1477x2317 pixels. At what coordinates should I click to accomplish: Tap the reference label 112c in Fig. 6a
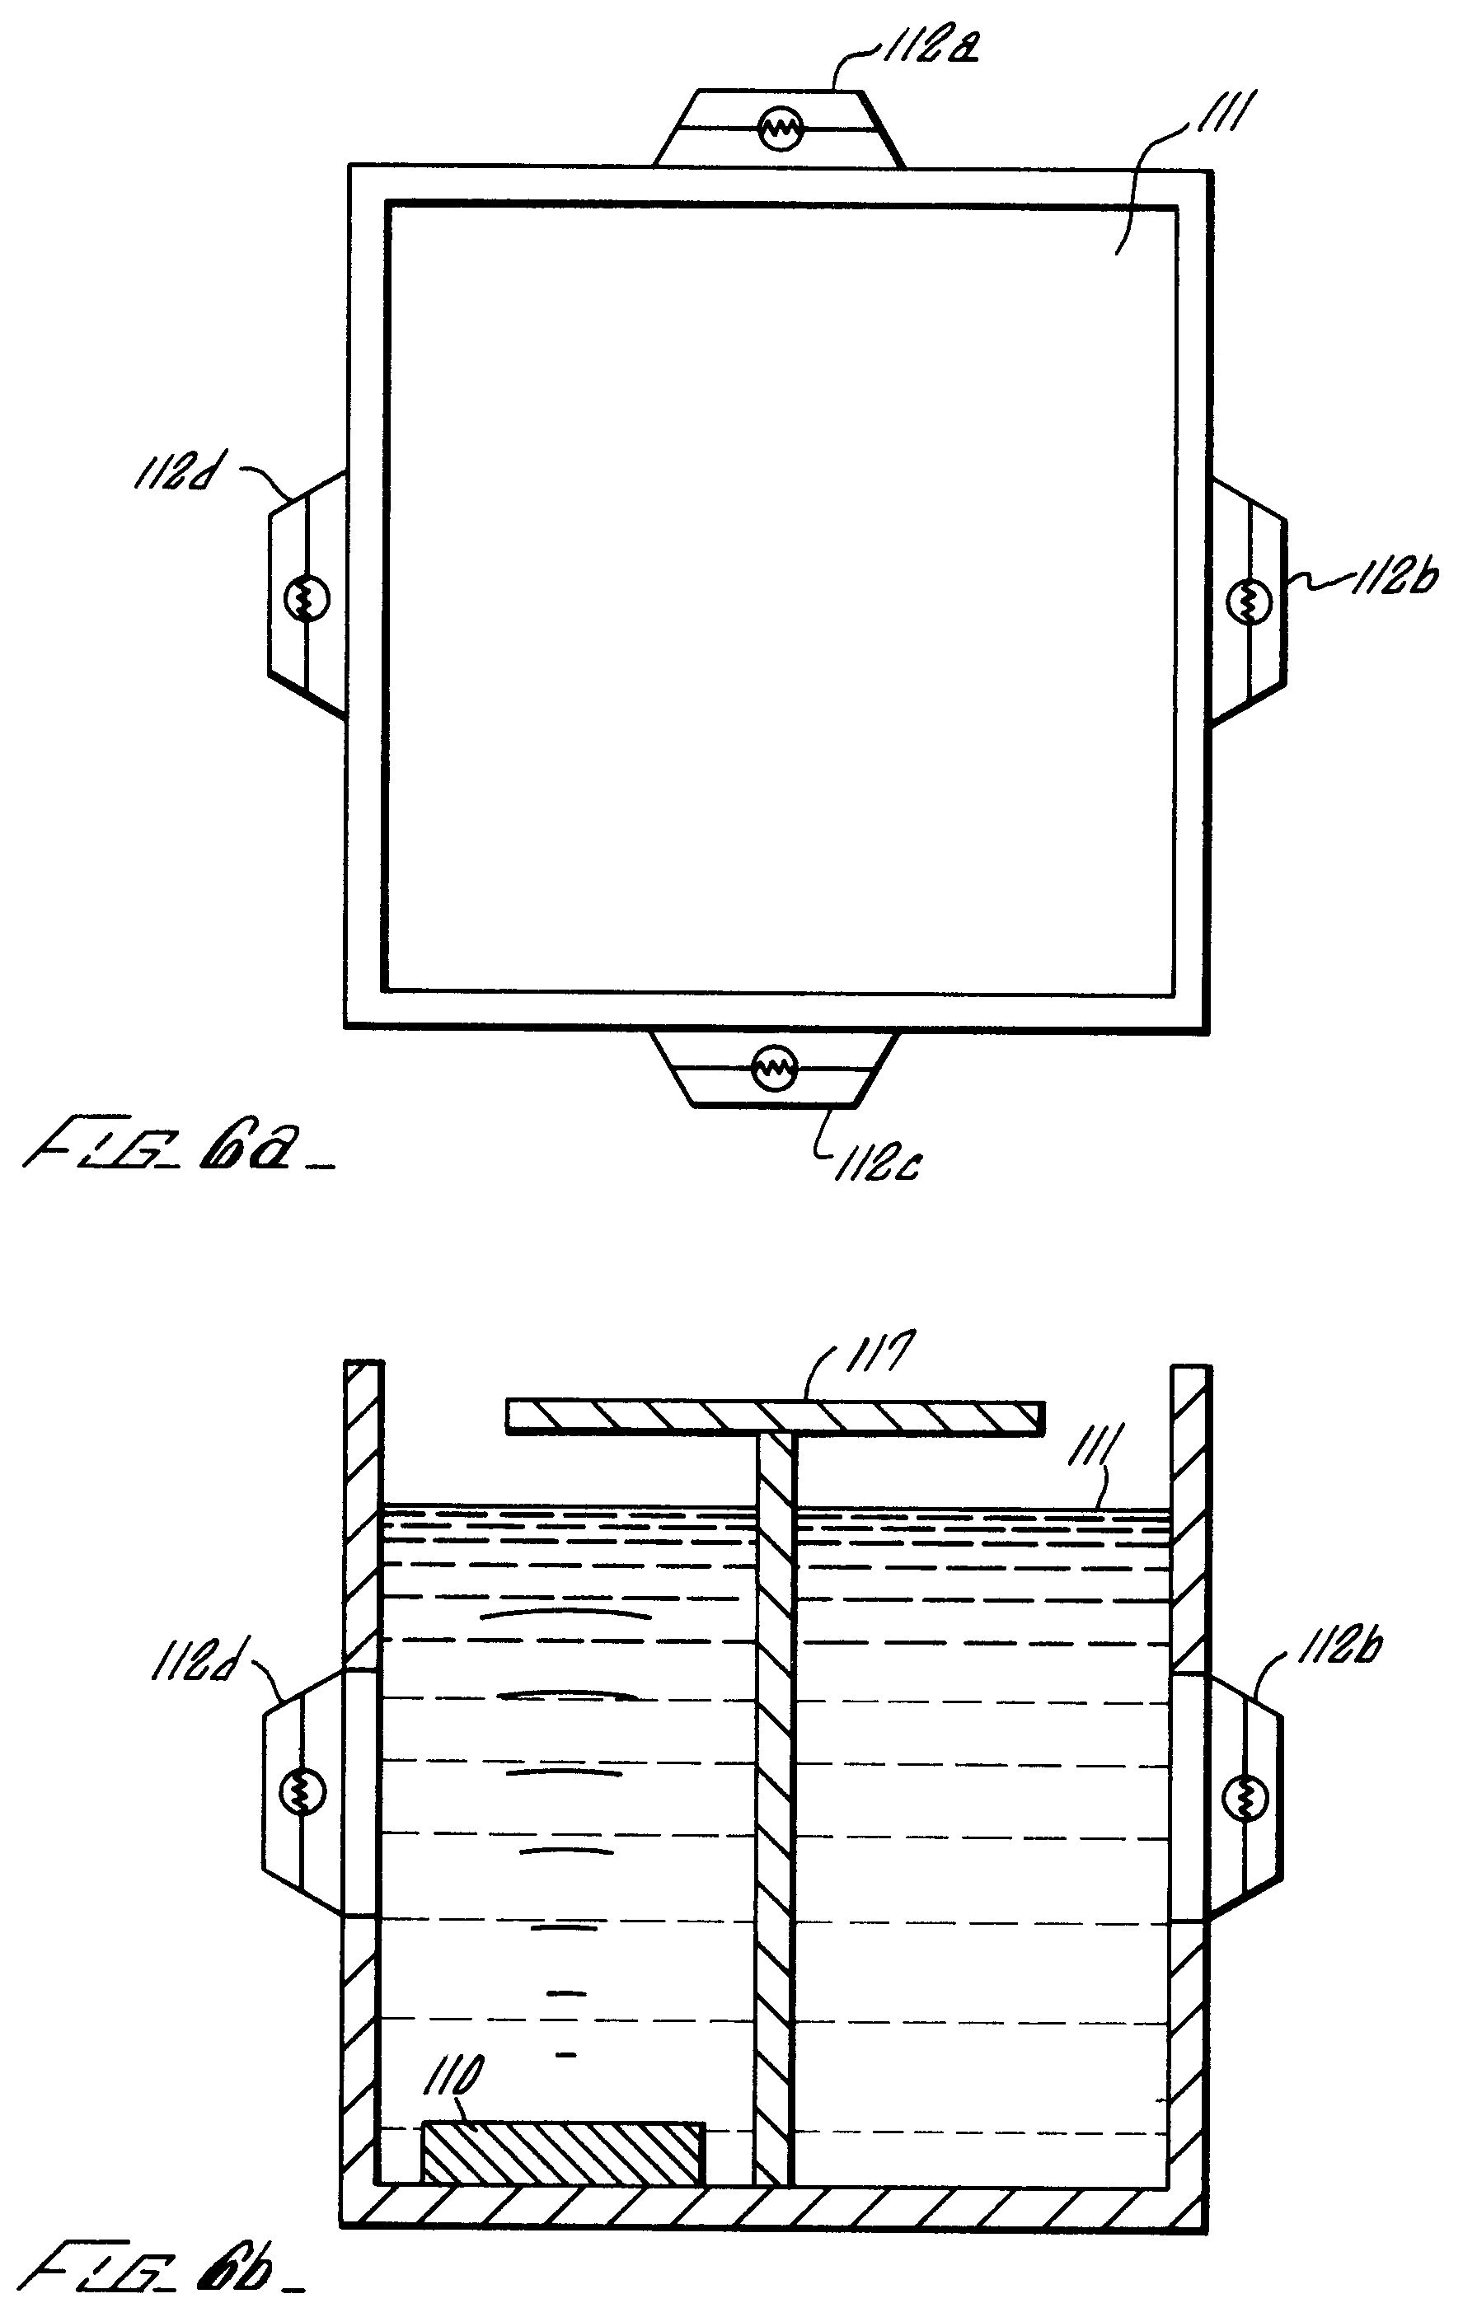879,1165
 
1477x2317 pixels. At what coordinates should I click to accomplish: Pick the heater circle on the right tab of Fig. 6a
1250,603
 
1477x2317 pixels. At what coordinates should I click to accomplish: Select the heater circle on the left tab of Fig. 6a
307,600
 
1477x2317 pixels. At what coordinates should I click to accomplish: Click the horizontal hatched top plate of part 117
775,1416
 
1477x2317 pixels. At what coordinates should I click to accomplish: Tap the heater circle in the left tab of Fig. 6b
302,1790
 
